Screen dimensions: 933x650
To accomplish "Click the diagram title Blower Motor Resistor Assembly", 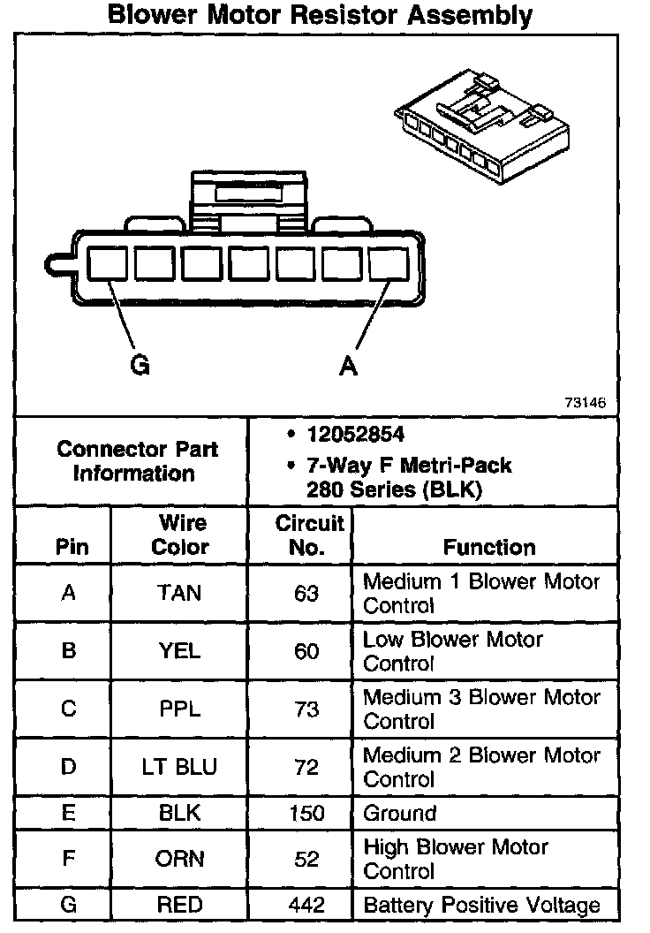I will coord(319,15).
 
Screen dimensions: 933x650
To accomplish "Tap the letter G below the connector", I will coord(140,365).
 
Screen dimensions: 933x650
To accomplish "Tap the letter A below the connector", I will coord(349,365).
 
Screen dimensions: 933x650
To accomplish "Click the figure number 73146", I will coord(585,402).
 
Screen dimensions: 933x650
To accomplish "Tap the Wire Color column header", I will coord(180,534).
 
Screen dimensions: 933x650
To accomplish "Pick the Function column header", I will coord(488,547).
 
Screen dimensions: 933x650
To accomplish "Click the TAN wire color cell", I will coord(179,593).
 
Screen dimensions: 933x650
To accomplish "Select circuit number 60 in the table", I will coord(306,651).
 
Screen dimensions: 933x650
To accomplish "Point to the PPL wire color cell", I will coord(179,709).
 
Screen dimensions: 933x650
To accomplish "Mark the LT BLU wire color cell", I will coord(179,767).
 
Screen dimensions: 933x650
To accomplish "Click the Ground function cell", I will coord(400,813).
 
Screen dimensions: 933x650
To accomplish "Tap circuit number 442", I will coord(306,905).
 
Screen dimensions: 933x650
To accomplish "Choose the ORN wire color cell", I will coord(179,859).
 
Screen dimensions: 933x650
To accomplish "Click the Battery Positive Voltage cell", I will coord(481,905).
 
